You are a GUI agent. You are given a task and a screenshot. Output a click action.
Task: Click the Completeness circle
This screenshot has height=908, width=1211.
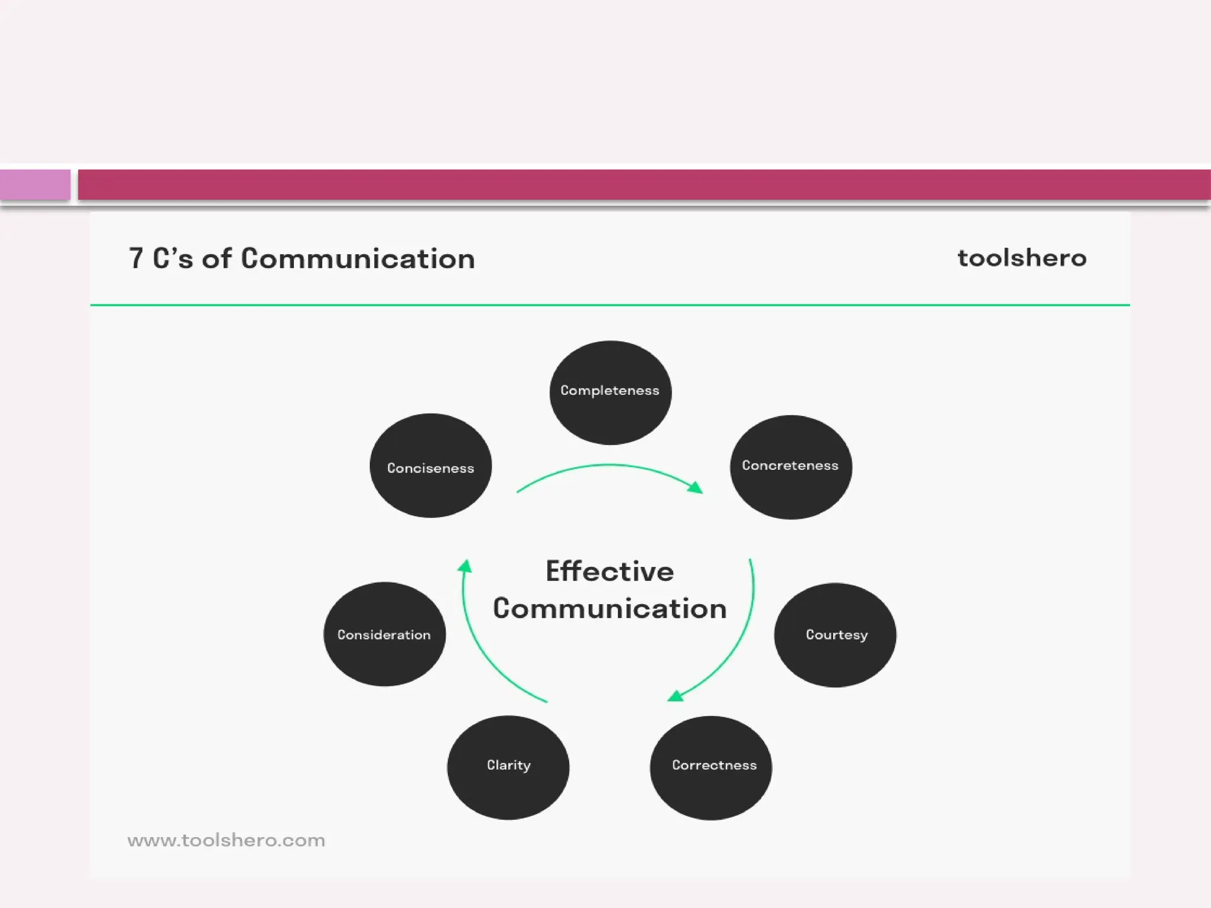(x=610, y=393)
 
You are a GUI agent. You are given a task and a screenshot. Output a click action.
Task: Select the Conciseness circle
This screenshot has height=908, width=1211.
(x=430, y=466)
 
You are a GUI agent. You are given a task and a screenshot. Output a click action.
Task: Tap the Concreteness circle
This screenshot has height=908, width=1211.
(x=791, y=467)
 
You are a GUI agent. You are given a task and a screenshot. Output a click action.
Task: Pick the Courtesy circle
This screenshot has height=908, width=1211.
(x=835, y=635)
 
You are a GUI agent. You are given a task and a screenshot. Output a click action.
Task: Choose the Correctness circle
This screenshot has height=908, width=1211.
(x=711, y=767)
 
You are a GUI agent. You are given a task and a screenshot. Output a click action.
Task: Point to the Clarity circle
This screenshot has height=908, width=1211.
(x=508, y=767)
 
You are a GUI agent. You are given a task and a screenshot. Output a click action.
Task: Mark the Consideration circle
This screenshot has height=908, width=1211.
(x=384, y=634)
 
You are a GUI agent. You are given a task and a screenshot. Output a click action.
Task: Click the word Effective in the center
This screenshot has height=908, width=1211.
(x=610, y=572)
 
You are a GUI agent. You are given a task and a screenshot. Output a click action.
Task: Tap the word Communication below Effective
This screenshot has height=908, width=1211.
(x=610, y=609)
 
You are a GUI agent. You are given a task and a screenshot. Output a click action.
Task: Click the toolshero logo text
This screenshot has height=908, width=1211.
(x=1022, y=258)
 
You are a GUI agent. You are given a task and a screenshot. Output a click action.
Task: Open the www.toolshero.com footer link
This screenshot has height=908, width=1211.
(x=226, y=840)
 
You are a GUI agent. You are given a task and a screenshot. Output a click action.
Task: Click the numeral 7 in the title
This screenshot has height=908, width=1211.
(x=136, y=259)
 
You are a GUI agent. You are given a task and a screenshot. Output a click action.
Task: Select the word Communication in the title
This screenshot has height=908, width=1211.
(x=358, y=259)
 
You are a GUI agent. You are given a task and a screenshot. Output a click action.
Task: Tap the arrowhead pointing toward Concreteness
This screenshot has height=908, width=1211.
(x=696, y=487)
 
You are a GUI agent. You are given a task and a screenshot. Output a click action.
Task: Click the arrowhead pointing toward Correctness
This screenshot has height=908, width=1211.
(x=675, y=696)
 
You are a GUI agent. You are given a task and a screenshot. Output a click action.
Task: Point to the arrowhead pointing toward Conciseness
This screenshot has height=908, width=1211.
(x=466, y=566)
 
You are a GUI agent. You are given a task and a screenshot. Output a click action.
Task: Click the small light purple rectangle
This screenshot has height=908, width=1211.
(x=35, y=184)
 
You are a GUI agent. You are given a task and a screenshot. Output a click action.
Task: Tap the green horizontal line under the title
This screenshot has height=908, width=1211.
(x=610, y=305)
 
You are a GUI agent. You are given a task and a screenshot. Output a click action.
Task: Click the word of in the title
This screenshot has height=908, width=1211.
(x=216, y=259)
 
